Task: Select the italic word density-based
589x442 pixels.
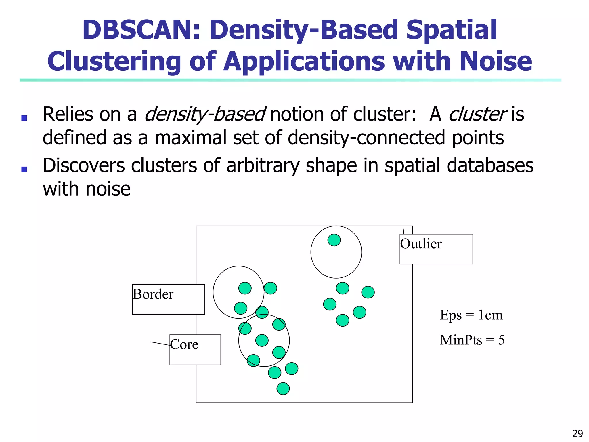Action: [204, 115]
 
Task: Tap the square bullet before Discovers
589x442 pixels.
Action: [24, 169]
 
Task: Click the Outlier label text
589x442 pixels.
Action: [421, 244]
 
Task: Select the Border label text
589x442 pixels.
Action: [153, 294]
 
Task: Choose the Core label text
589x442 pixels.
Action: [184, 345]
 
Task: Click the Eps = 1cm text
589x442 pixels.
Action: [471, 315]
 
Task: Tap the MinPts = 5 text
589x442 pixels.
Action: [472, 340]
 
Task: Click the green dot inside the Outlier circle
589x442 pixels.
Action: [334, 240]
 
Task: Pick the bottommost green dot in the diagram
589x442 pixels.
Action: [283, 388]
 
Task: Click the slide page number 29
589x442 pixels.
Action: [577, 433]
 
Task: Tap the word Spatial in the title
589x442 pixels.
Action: [451, 30]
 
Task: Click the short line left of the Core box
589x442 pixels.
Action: [160, 344]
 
